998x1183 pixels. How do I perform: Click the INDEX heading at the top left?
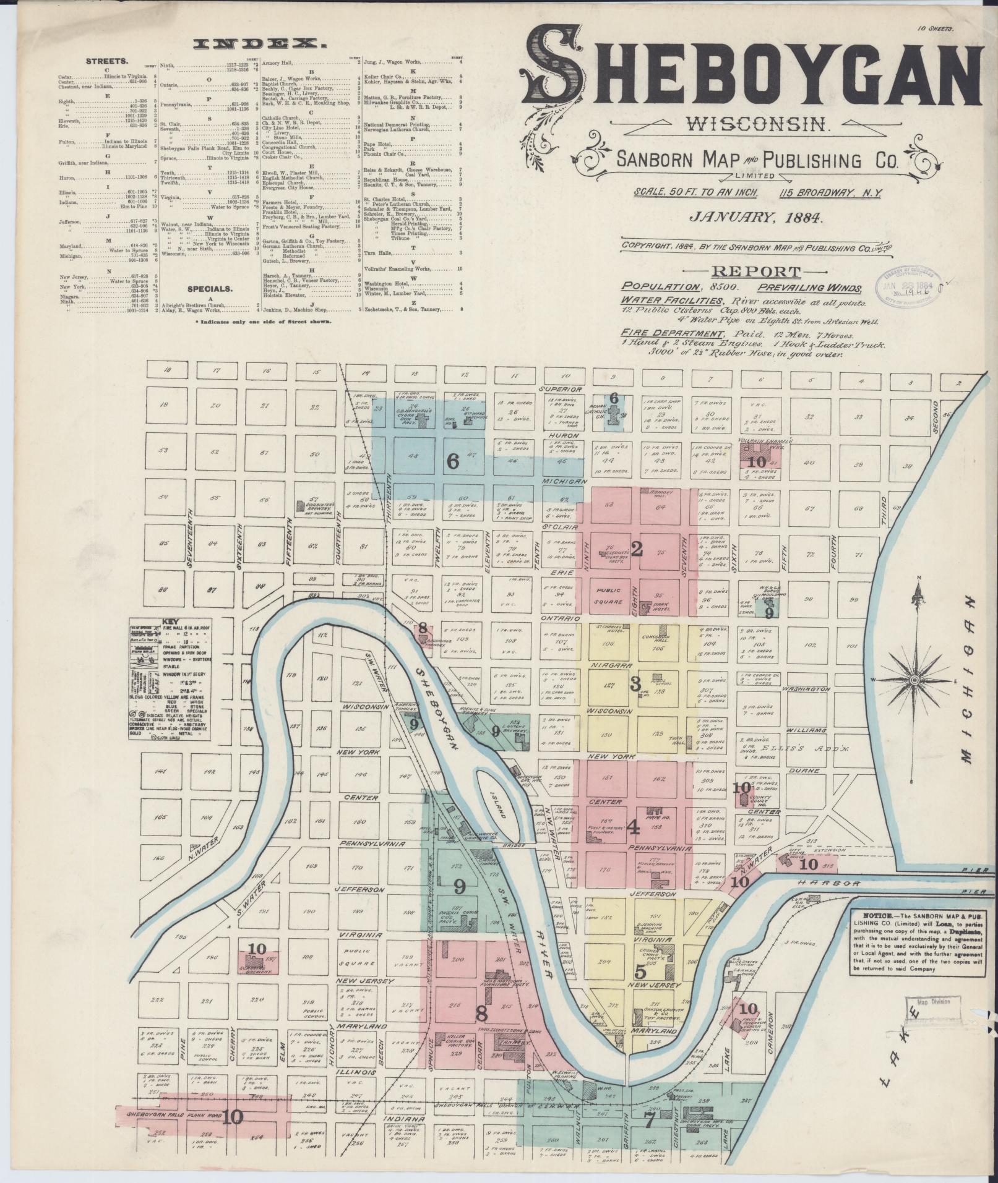[x=260, y=44]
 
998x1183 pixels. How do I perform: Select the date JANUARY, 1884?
[x=758, y=218]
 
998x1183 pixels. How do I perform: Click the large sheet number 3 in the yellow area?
[x=634, y=684]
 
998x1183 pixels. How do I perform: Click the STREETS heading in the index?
[x=107, y=61]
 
